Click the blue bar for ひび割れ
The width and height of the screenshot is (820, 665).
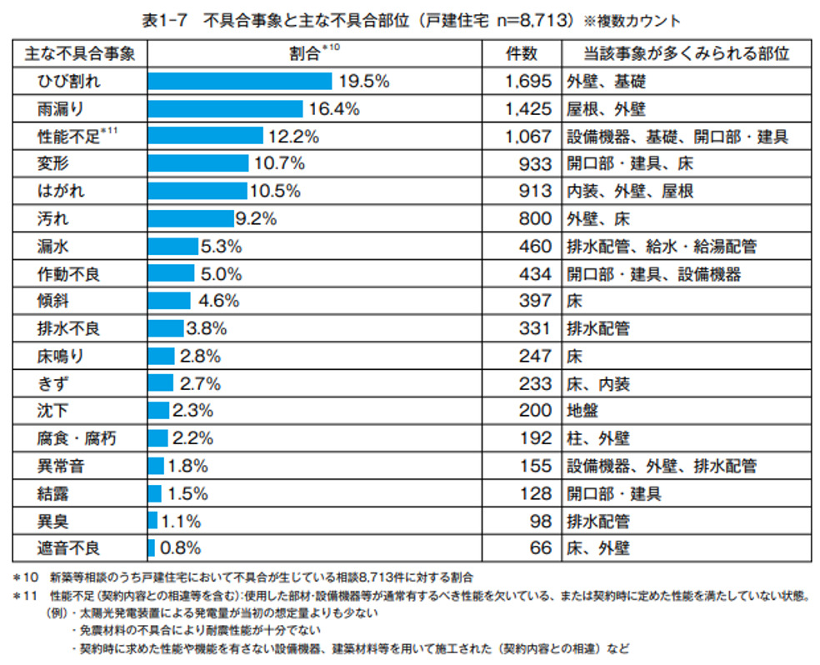[x=240, y=81]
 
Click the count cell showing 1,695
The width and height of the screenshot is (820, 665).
[x=527, y=81]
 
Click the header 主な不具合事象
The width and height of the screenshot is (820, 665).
[x=80, y=53]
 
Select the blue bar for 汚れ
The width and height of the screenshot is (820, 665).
[x=191, y=218]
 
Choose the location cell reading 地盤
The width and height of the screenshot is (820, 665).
[x=582, y=411]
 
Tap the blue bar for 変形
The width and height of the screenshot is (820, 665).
[x=197, y=163]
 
